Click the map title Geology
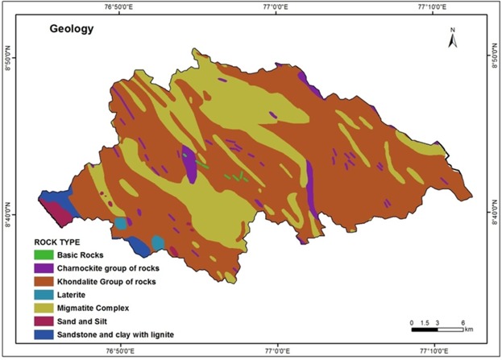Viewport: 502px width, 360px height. click(x=72, y=31)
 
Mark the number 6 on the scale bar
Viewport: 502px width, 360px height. click(x=462, y=321)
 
